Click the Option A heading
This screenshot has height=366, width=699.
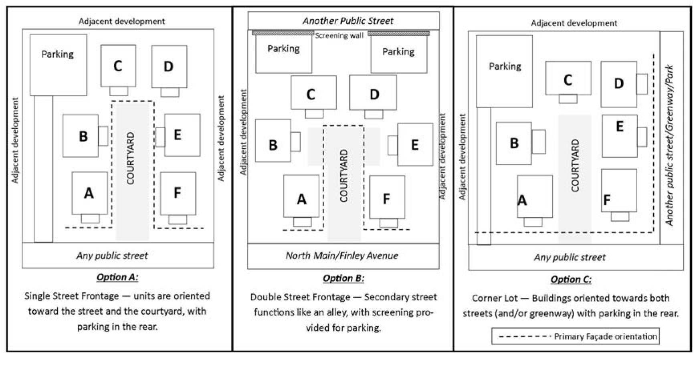tap(117, 277)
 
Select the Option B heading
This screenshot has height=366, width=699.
tap(343, 278)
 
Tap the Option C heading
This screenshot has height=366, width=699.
tap(571, 279)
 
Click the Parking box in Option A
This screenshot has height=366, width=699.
tap(58, 65)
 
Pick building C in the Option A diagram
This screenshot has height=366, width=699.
tap(118, 66)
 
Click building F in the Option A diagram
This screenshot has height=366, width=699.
tap(178, 193)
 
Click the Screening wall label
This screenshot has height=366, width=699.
tap(339, 36)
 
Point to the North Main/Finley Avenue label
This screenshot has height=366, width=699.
tap(342, 256)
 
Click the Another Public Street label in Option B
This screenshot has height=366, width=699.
tap(348, 21)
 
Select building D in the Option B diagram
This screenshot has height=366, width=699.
tap(373, 93)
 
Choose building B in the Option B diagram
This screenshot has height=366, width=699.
tap(273, 141)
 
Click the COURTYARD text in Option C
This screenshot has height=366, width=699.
tap(575, 165)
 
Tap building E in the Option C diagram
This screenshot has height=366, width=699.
tap(619, 135)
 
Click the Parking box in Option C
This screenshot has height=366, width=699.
tap(504, 71)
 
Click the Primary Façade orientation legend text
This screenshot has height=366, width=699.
tap(605, 336)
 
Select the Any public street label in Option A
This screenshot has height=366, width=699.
tap(112, 256)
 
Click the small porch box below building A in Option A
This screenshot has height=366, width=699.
tap(90, 218)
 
